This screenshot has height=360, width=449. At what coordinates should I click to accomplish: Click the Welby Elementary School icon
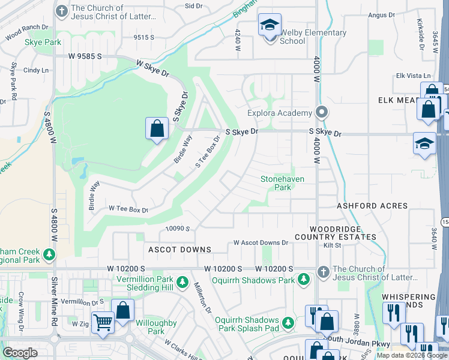click(270, 26)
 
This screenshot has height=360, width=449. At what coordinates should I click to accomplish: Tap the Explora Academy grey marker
click(322, 112)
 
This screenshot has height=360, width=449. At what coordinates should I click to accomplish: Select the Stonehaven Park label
click(282, 183)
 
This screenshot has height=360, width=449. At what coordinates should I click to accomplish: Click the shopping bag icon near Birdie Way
click(156, 128)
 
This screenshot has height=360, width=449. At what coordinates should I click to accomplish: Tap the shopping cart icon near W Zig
click(103, 323)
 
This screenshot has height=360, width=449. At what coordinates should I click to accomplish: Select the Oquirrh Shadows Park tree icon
click(304, 280)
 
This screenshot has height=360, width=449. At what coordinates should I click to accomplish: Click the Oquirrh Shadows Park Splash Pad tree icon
click(288, 323)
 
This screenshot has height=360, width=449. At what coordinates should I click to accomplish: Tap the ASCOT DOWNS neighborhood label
click(180, 249)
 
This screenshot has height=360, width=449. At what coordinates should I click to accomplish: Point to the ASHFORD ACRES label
click(372, 206)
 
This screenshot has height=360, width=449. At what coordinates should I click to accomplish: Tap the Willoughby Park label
click(155, 327)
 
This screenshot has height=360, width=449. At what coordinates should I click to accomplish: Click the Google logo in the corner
click(20, 353)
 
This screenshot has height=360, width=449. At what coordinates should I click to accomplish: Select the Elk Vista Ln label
click(414, 76)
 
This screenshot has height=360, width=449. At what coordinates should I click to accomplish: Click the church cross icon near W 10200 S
click(323, 271)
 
